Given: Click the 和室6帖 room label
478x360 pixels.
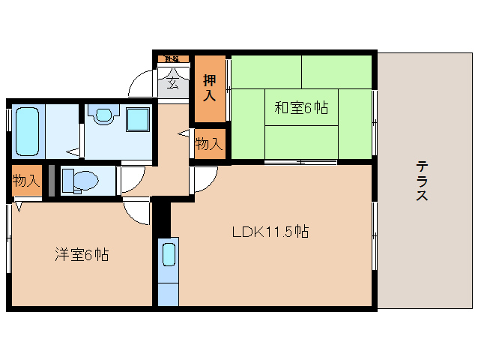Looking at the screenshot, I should (300, 108).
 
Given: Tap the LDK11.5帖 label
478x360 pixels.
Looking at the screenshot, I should (270, 232).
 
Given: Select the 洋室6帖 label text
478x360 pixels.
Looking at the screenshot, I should (82, 255).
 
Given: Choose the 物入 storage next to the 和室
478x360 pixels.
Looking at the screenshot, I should (209, 143).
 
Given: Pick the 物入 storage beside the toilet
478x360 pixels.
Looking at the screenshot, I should (26, 181).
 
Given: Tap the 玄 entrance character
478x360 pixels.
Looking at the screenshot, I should (173, 82).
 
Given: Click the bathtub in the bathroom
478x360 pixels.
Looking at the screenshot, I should (27, 130).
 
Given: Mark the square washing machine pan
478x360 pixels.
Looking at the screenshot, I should (136, 119).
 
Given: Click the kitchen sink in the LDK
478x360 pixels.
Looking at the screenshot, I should (169, 254).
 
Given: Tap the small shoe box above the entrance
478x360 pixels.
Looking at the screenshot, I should (172, 58).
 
